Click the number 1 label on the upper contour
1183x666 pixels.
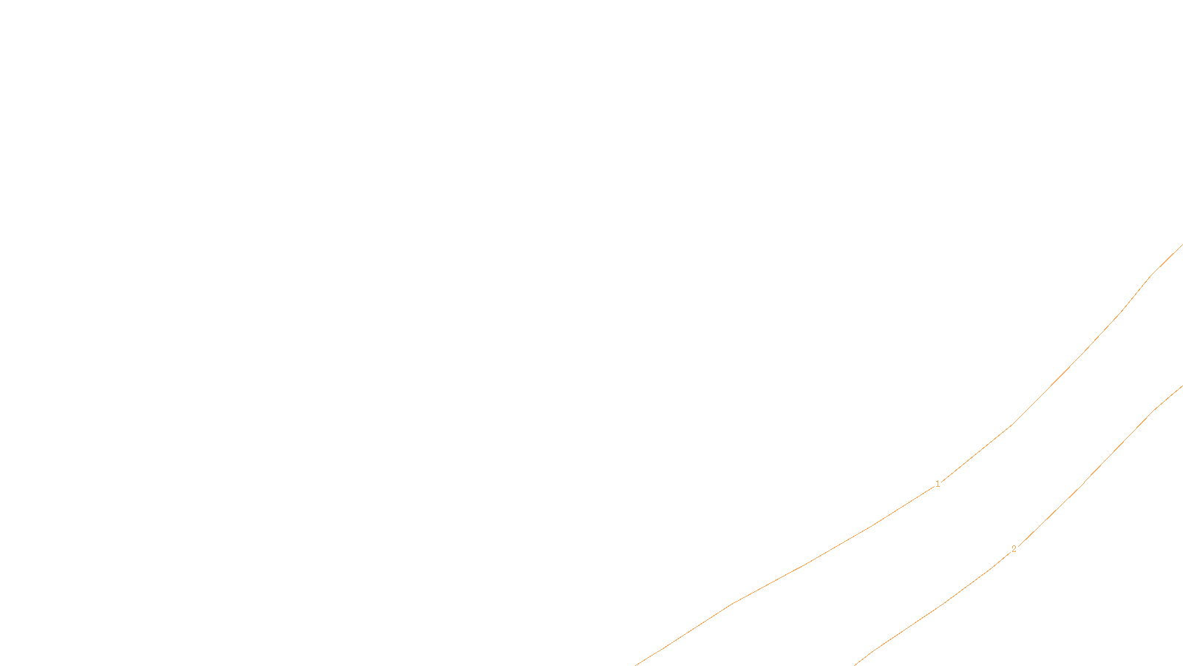point(938,484)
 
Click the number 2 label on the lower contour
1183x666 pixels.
point(1014,549)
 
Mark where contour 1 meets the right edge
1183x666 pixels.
point(1182,245)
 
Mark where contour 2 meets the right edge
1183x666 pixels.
point(1182,386)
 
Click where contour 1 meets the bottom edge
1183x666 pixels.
point(636,664)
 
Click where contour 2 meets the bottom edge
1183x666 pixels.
point(855,664)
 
